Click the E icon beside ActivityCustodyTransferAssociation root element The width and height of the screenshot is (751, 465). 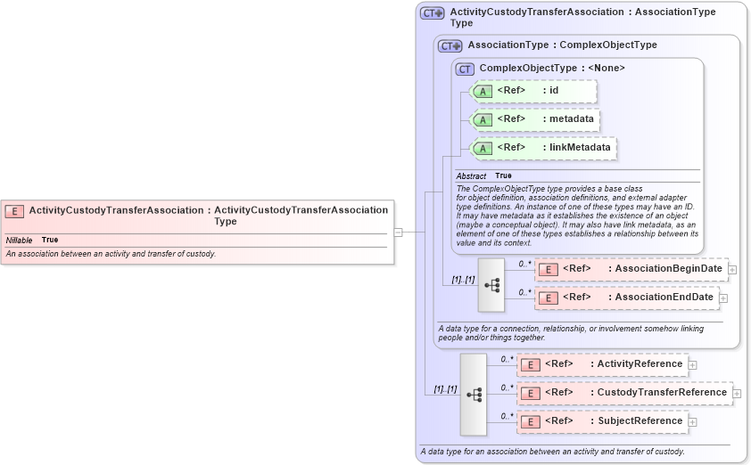[14, 211]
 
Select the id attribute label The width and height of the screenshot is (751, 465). [554, 90]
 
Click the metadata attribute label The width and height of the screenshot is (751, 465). [571, 118]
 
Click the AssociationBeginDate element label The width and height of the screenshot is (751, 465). [668, 268]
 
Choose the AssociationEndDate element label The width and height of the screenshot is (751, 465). [664, 297]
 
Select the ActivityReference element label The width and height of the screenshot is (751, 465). [640, 363]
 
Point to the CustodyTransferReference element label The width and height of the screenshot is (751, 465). [662, 392]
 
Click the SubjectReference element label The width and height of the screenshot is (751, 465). [640, 420]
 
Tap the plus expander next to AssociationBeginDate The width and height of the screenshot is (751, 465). [732, 268]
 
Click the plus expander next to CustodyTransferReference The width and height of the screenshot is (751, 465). [737, 392]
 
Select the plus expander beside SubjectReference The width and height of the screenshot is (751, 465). [693, 421]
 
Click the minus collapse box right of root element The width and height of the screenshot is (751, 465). [398, 232]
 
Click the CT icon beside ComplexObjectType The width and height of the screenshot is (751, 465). [465, 69]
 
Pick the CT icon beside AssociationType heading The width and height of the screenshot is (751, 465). [450, 45]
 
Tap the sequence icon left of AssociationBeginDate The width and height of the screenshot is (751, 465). [491, 284]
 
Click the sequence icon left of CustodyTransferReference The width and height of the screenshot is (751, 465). [474, 394]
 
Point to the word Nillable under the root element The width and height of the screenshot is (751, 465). [20, 241]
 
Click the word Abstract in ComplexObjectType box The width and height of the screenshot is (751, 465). [471, 176]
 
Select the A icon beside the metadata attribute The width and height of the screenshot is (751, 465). [482, 119]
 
